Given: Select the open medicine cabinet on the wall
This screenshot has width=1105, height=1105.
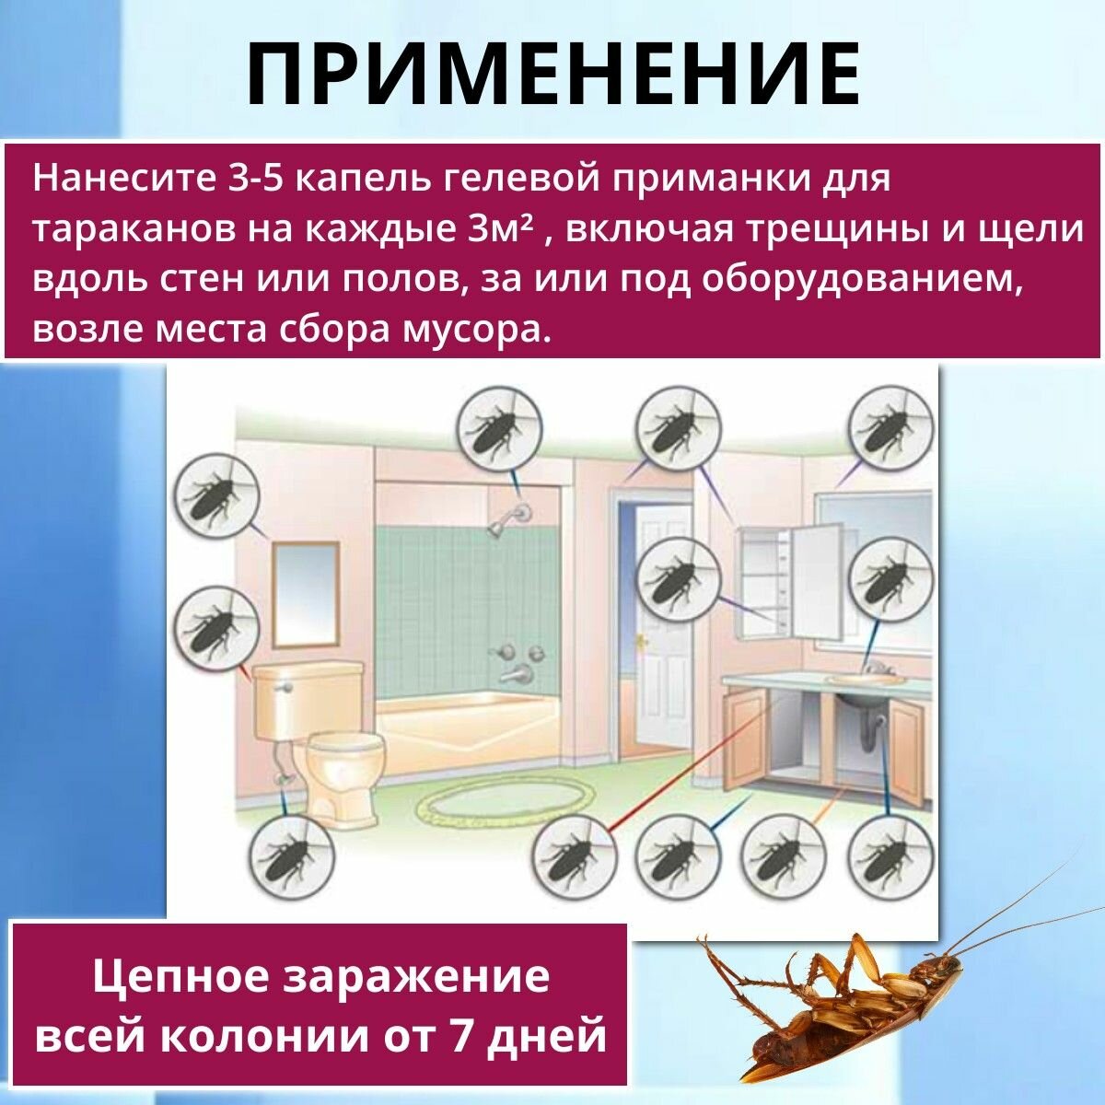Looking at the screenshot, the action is click(792, 580).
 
